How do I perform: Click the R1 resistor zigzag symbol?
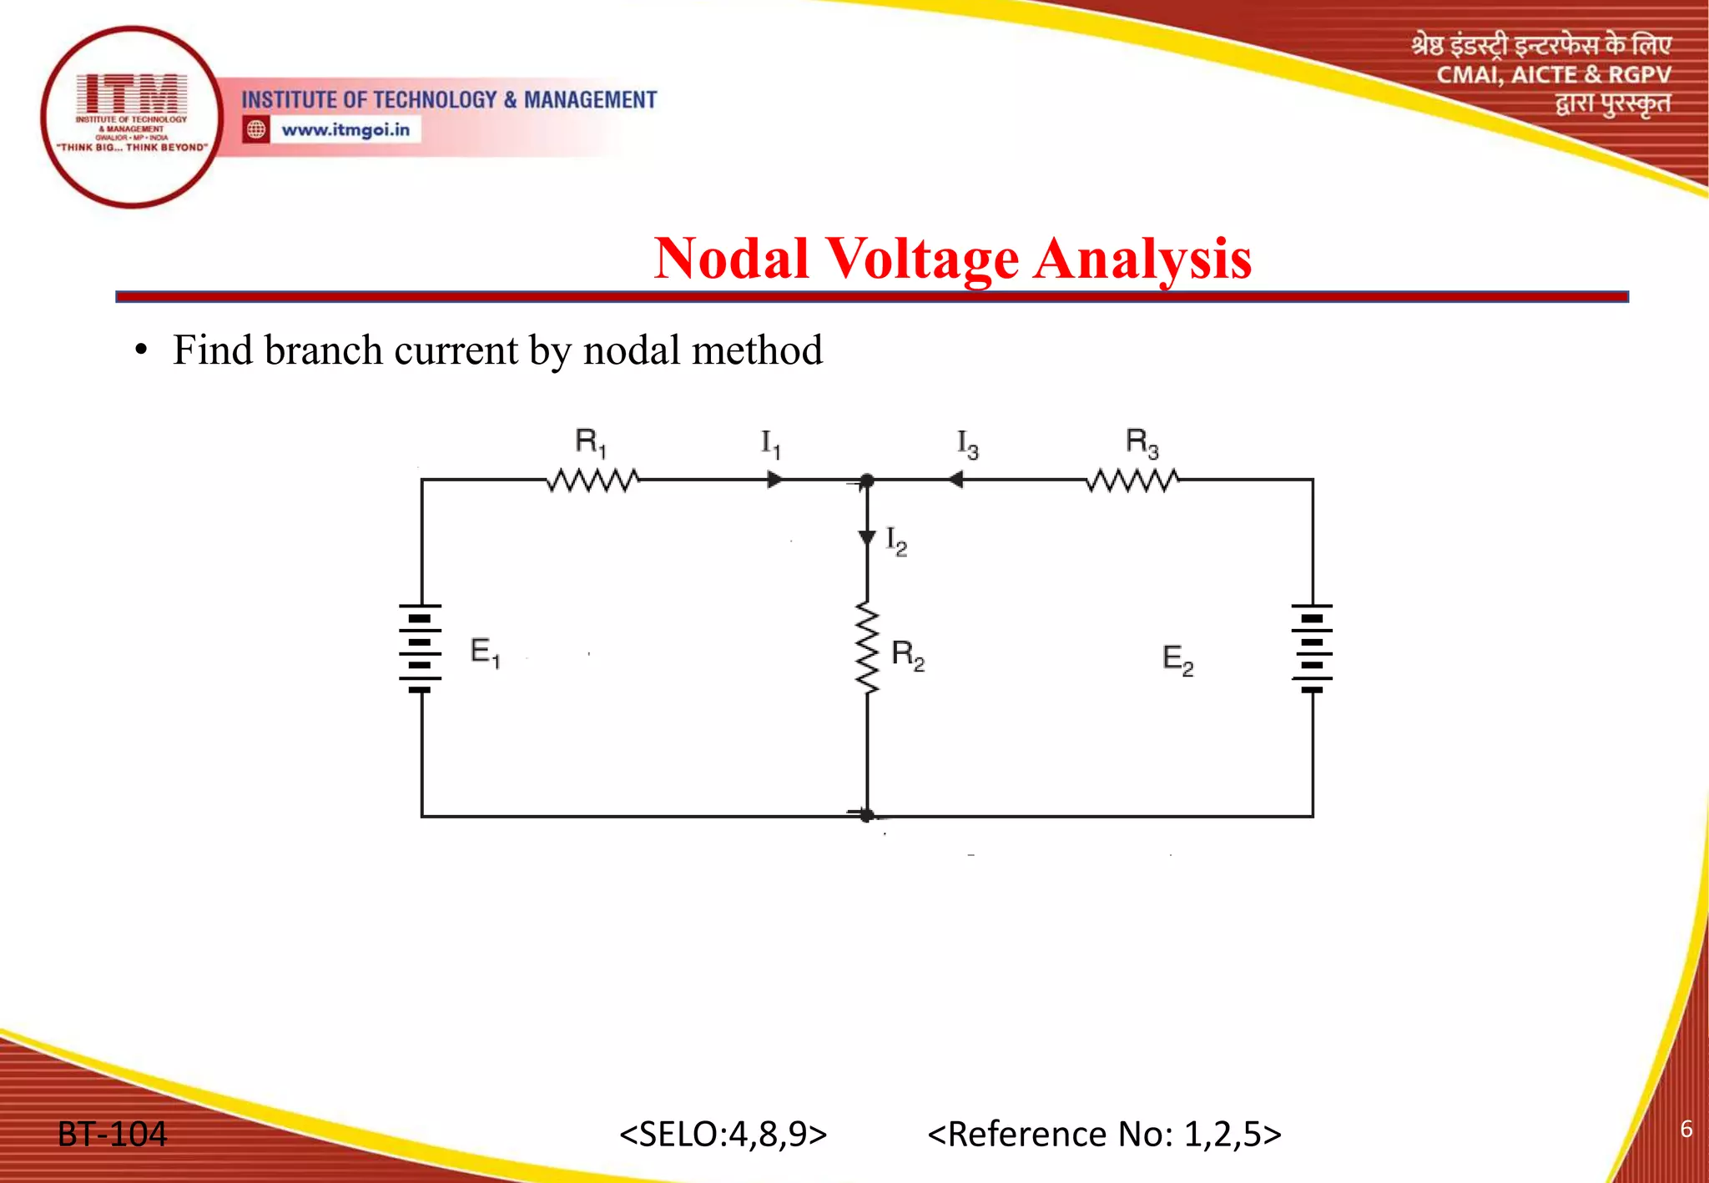pyautogui.click(x=592, y=480)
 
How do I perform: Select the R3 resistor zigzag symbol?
pyautogui.click(x=1132, y=480)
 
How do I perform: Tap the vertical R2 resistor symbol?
pyautogui.click(x=867, y=649)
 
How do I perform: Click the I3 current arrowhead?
pyautogui.click(x=955, y=480)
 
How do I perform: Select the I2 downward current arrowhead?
pyautogui.click(x=867, y=537)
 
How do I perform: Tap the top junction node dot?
pyautogui.click(x=867, y=481)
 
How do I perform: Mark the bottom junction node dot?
pyautogui.click(x=867, y=815)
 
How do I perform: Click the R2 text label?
pyautogui.click(x=908, y=655)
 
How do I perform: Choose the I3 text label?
pyautogui.click(x=967, y=445)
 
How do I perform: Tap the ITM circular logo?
pyautogui.click(x=132, y=117)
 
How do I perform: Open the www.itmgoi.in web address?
pyautogui.click(x=345, y=130)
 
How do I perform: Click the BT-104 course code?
pyautogui.click(x=112, y=1135)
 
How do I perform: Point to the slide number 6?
pyautogui.click(x=1686, y=1129)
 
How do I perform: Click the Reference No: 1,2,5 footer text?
pyautogui.click(x=1104, y=1135)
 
